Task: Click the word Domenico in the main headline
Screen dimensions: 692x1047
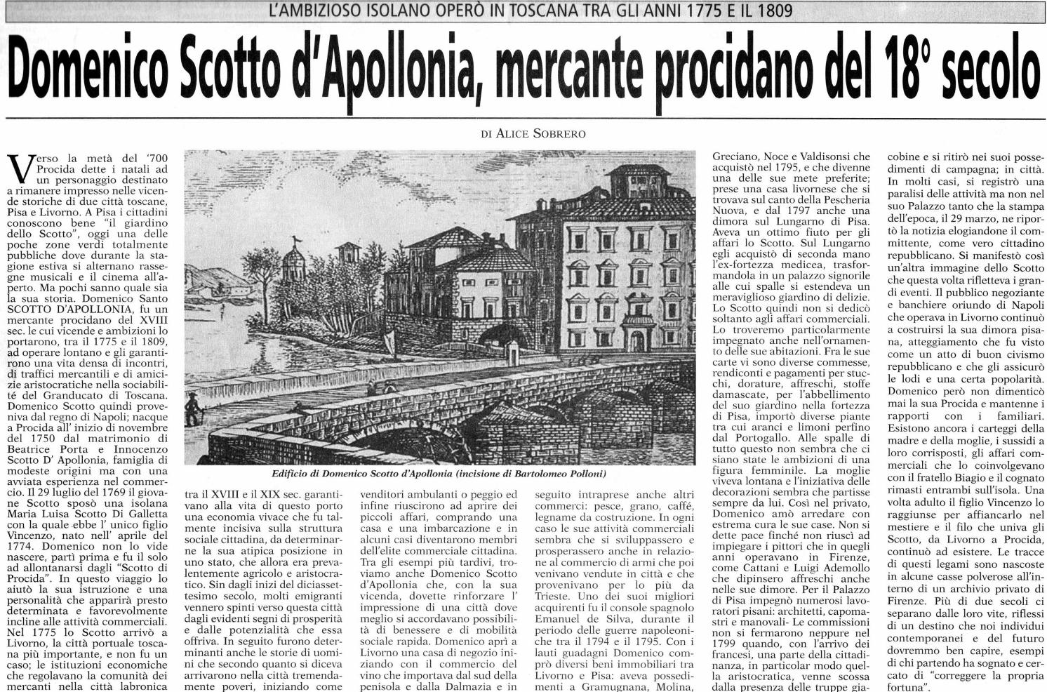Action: [91, 72]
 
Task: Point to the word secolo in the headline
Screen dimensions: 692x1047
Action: [989, 72]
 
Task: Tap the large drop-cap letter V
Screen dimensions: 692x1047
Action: [20, 168]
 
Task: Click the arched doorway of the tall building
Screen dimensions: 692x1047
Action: [636, 340]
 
